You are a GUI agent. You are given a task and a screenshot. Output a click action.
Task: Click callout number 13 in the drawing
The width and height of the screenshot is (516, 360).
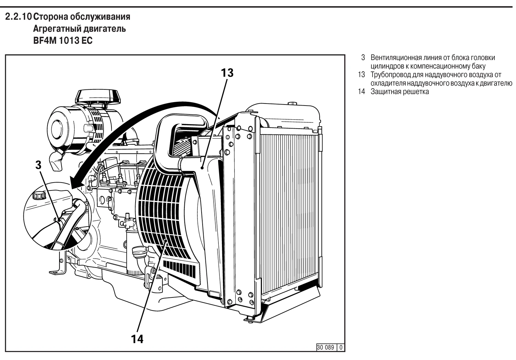point(227,73)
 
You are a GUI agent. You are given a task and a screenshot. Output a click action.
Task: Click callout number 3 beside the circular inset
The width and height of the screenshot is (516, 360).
point(38,165)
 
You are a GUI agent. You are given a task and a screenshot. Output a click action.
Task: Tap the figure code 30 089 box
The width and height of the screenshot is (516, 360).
point(325,347)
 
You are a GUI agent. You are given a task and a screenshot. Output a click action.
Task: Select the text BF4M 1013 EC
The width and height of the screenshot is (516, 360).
point(63,41)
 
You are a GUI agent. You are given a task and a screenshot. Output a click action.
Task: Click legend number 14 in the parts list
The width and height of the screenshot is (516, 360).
point(361,92)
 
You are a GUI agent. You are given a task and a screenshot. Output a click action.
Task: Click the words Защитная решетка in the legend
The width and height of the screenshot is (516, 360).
point(399,92)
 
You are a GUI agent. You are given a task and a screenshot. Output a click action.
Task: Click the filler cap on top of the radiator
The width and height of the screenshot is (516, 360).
point(292,103)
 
